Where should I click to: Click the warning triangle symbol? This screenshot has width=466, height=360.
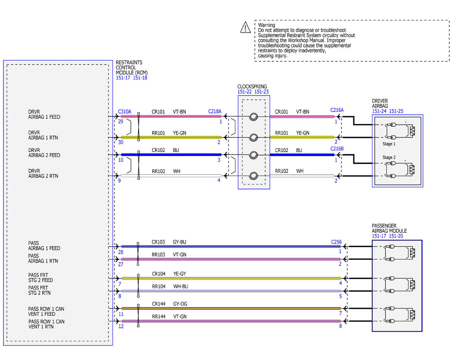click(x=245, y=27)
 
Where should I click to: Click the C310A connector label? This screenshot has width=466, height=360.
click(x=124, y=112)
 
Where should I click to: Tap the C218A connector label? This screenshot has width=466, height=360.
click(x=214, y=111)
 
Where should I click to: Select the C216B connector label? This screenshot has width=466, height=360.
click(x=337, y=149)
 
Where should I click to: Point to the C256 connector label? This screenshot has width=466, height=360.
click(x=336, y=242)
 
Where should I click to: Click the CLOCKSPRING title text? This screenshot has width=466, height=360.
click(x=252, y=87)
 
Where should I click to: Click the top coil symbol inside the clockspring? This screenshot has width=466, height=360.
click(x=253, y=117)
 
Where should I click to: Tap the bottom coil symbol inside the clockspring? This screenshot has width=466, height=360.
click(x=253, y=176)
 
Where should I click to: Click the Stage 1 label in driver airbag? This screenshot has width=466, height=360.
click(x=389, y=144)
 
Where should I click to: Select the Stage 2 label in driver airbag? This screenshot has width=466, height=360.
click(x=389, y=157)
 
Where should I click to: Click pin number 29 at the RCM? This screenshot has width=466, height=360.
click(x=121, y=122)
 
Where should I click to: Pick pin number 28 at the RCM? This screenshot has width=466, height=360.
click(x=121, y=252)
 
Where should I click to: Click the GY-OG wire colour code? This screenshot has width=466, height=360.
click(x=180, y=304)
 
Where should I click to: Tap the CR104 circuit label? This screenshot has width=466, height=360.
click(x=159, y=274)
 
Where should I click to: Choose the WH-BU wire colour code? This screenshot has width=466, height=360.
click(x=181, y=287)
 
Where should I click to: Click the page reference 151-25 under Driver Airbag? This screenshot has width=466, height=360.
click(x=396, y=111)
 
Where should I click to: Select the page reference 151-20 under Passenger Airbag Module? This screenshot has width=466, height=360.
click(x=396, y=236)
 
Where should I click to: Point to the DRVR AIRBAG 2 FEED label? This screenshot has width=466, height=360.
click(x=44, y=153)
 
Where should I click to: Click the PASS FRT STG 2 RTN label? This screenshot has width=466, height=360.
click(x=39, y=290)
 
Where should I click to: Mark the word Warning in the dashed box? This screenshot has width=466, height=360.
click(x=266, y=25)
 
